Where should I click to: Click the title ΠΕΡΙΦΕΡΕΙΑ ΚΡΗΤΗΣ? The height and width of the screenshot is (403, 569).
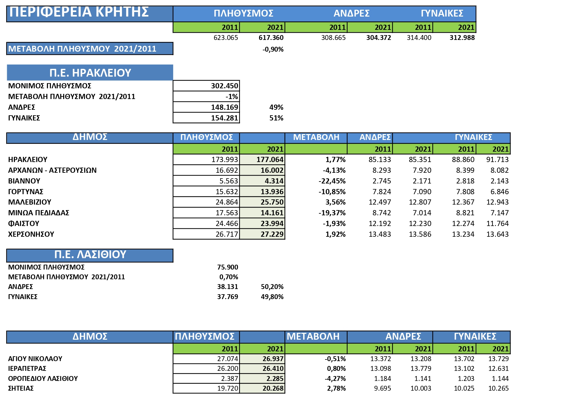pyautogui.click(x=79, y=12)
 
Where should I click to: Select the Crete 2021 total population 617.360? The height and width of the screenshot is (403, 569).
pyautogui.click(x=271, y=38)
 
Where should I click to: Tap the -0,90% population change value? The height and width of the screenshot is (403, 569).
pyautogui.click(x=273, y=49)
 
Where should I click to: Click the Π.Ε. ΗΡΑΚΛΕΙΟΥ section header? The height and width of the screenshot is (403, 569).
pyautogui.click(x=90, y=73)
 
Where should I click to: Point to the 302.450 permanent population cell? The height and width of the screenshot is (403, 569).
pyautogui.click(x=224, y=86)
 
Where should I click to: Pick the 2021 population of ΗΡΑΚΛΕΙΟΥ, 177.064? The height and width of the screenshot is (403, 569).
pyautogui.click(x=270, y=159)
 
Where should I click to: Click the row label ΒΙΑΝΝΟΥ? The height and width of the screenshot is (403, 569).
pyautogui.click(x=24, y=181)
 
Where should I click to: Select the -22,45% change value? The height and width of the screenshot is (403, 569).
pyautogui.click(x=332, y=181)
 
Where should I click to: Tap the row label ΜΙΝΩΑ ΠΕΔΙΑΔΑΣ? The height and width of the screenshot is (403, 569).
pyautogui.click(x=39, y=213)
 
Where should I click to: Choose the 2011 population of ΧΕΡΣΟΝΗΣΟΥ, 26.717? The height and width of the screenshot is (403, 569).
pyautogui.click(x=227, y=234)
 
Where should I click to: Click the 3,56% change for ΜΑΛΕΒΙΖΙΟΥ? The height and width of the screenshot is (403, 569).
pyautogui.click(x=335, y=202)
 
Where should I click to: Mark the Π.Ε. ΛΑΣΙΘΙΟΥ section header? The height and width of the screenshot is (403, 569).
pyautogui.click(x=90, y=255)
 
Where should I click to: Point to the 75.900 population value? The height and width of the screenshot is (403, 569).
pyautogui.click(x=228, y=267)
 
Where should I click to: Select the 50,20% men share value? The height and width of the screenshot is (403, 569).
pyautogui.click(x=272, y=287)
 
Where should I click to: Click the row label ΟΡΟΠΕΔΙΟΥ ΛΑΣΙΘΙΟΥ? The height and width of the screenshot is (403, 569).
pyautogui.click(x=43, y=379)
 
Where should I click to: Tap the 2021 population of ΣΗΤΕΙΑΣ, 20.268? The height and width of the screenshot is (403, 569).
pyautogui.click(x=273, y=388)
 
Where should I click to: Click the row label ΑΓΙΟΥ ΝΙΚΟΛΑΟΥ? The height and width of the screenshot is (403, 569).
pyautogui.click(x=35, y=359)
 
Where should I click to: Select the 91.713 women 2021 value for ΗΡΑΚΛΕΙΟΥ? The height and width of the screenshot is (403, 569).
pyautogui.click(x=497, y=159)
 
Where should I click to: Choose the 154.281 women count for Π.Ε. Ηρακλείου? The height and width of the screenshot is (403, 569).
pyautogui.click(x=224, y=118)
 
